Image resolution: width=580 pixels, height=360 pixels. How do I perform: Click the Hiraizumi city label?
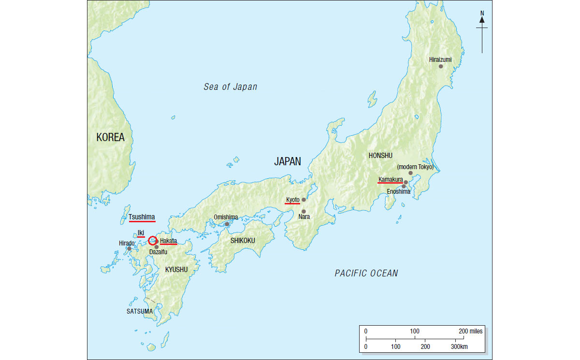tap(440, 60)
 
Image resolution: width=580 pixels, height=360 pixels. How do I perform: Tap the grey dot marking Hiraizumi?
tap(441, 66)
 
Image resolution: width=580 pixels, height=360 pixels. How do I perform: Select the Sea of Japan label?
tap(230, 87)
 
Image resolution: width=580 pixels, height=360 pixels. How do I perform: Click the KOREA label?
tap(110, 137)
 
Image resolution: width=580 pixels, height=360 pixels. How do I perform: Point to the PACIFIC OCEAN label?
tap(366, 274)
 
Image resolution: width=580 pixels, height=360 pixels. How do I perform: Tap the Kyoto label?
tap(292, 200)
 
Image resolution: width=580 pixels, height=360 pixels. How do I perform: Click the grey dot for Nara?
tap(304, 211)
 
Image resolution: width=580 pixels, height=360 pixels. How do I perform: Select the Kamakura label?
tap(391, 180)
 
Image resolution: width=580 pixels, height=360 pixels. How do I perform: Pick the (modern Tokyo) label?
tap(415, 167)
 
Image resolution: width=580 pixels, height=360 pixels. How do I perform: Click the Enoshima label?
tap(399, 191)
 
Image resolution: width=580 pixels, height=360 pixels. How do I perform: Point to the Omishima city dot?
tap(227, 224)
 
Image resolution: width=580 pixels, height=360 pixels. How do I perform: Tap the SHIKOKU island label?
tap(242, 240)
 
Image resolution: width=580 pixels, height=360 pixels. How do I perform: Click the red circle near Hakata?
tap(152, 240)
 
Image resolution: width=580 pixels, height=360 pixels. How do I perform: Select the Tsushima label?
tap(142, 217)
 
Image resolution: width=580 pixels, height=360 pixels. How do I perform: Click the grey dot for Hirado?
tap(129, 249)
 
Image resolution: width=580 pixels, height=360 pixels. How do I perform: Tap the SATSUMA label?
tap(140, 312)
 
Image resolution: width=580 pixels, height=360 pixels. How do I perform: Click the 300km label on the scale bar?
tap(460, 346)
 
